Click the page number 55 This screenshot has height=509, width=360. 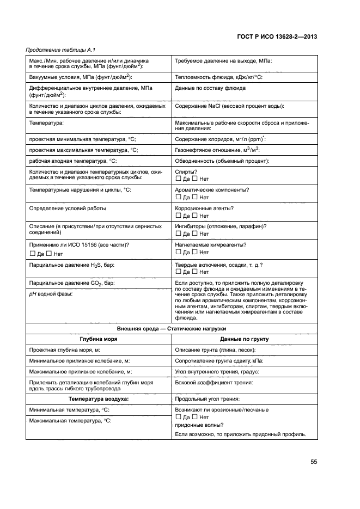pyautogui.click(x=314, y=462)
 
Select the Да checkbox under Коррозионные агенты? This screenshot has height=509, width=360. pyautogui.click(x=178, y=216)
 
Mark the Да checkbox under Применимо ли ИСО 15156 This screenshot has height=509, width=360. pyautogui.click(x=32, y=254)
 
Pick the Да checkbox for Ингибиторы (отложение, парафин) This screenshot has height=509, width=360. pyautogui.click(x=178, y=234)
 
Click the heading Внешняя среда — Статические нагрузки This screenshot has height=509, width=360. pyautogui.click(x=172, y=329)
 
